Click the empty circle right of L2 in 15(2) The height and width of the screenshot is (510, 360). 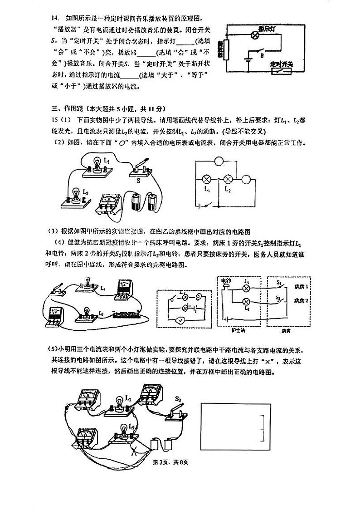pos(247,179)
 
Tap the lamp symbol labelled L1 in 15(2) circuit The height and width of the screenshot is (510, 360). pos(206,179)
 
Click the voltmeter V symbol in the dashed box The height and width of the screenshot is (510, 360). pos(180,320)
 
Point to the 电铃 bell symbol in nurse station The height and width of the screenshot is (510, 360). pos(225,288)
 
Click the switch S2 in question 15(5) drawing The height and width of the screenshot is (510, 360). pos(176,412)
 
